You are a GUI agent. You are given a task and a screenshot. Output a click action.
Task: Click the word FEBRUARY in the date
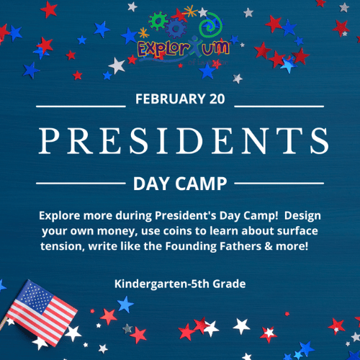click(171, 99)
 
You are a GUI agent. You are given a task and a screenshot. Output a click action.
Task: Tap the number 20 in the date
click(217, 99)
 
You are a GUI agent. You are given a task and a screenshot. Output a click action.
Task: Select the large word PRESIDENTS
click(184, 140)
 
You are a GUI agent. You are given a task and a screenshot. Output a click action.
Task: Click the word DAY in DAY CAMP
click(151, 184)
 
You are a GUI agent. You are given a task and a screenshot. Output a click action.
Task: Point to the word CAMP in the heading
click(201, 184)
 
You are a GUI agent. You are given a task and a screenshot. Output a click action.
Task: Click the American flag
click(41, 312)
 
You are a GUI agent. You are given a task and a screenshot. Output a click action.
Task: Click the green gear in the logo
click(158, 21)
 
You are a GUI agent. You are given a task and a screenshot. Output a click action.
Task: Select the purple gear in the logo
click(176, 28)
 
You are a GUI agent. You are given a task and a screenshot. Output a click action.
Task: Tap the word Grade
click(229, 284)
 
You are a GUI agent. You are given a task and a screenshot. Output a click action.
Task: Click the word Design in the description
click(302, 216)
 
